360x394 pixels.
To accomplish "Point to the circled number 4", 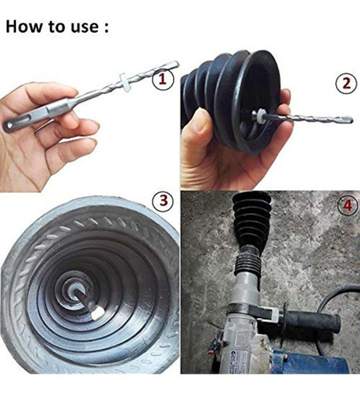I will pyautogui.click(x=345, y=205).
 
